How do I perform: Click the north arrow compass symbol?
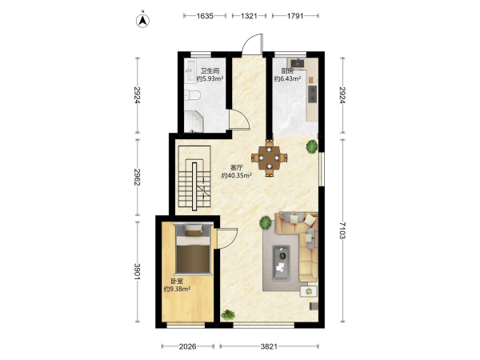coord(142,20)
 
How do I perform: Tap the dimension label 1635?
coord(205,16)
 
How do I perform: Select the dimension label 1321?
coord(249,16)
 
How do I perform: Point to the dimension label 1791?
coord(295,16)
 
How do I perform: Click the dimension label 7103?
coord(342,231)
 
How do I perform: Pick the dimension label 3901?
coord(137,271)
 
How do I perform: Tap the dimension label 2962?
coord(137,178)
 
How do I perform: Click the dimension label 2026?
coord(188,346)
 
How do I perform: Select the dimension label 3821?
coord(269,346)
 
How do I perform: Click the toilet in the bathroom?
coord(192,95)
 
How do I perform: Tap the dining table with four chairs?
coord(269,158)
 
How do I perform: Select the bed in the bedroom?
coord(193,250)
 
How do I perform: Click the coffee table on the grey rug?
coord(282,263)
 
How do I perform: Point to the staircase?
coord(194,178)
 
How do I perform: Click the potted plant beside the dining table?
coord(312,146)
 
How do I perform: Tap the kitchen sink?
coord(298,62)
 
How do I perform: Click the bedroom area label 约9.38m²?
coord(178,289)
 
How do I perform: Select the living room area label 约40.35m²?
coord(237,175)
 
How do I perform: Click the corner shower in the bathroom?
coord(194,122)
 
